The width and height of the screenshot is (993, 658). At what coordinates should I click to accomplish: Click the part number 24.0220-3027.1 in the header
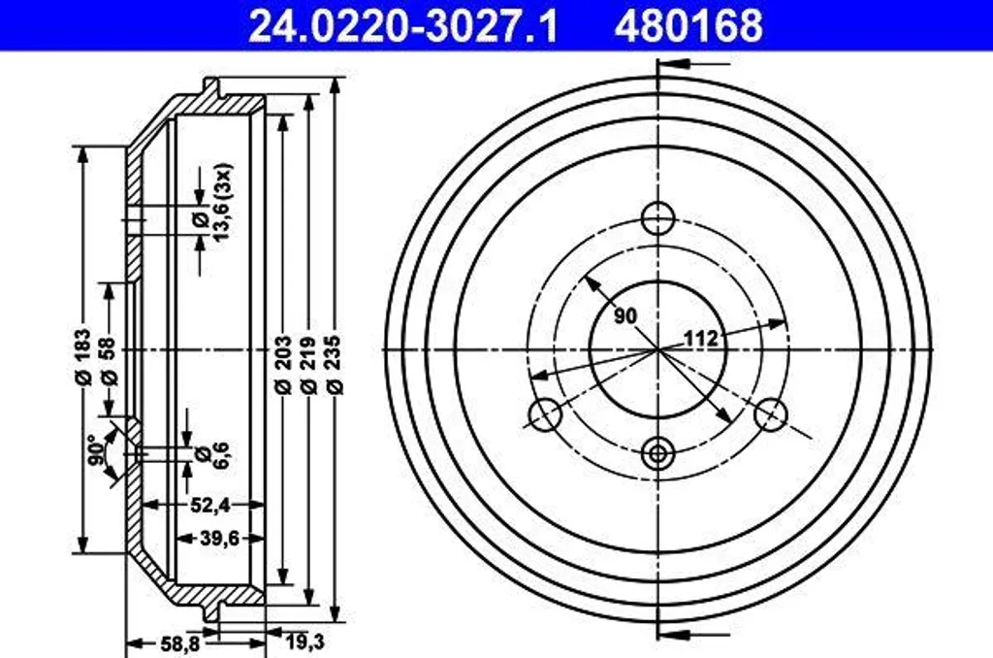pos(403,25)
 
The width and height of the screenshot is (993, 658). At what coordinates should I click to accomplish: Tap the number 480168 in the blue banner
pos(689,25)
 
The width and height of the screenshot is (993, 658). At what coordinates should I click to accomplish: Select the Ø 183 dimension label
pos(83,356)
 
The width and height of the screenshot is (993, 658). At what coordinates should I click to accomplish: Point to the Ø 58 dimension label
pos(109,361)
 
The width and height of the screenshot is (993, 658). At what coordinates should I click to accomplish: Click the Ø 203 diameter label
pos(283,365)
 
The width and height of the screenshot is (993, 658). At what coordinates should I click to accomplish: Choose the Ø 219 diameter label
pos(308,365)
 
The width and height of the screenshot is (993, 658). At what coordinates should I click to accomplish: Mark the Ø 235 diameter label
pos(335,365)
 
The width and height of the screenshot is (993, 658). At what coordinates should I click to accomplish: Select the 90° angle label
pos(96,451)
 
